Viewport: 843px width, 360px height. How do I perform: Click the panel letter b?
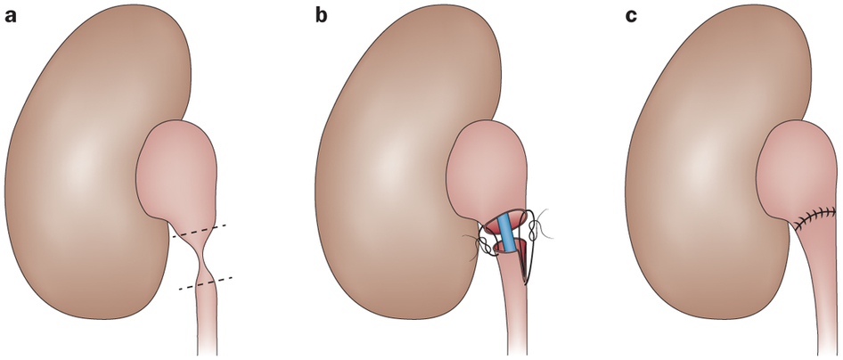tap(321, 15)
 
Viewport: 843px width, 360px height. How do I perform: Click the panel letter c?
tap(631, 16)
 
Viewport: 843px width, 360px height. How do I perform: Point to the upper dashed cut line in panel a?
tap(199, 230)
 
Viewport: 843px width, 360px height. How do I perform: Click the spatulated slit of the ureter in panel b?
tap(521, 262)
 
